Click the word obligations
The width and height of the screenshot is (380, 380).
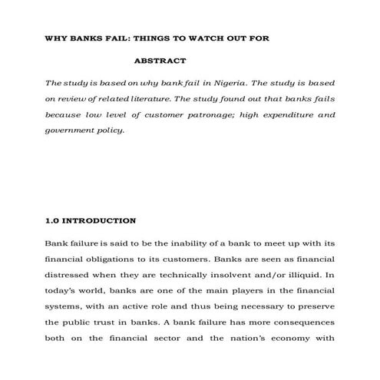[x=108, y=259]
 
